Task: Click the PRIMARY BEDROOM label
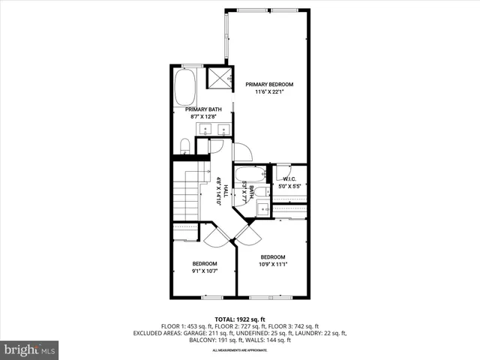(x=269, y=84)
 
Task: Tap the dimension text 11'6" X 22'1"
(x=269, y=92)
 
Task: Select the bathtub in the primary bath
(x=185, y=88)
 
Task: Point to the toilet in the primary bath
(x=184, y=145)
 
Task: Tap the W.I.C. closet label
(x=289, y=178)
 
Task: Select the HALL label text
(x=226, y=191)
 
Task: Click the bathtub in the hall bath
(x=244, y=175)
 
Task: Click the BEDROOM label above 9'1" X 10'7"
(x=204, y=263)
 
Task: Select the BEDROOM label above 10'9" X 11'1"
(x=272, y=256)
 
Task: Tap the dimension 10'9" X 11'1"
(x=272, y=265)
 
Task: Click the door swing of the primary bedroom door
(x=242, y=151)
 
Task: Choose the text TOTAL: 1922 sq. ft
(x=239, y=319)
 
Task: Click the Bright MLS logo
(x=30, y=349)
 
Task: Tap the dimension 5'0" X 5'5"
(x=289, y=185)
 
